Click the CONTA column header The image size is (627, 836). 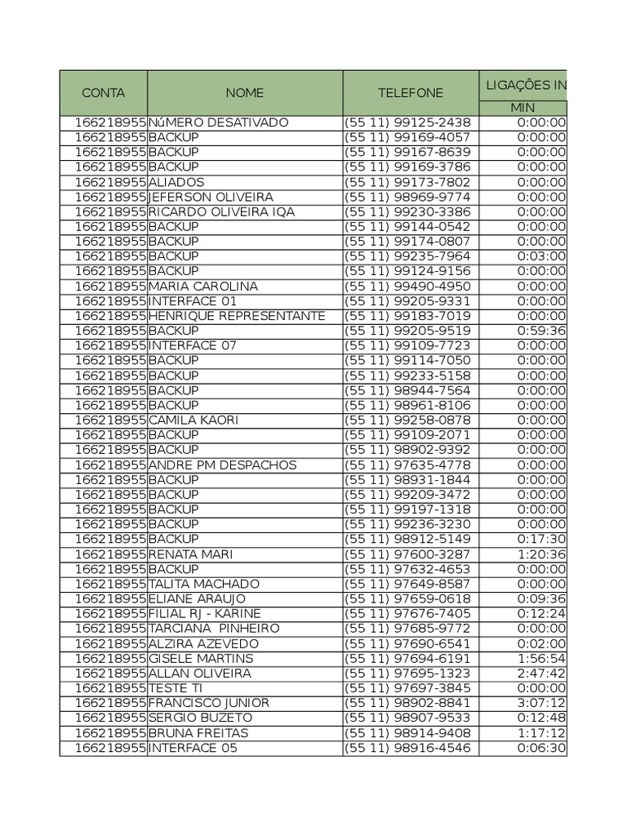point(103,93)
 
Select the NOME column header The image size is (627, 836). point(245,93)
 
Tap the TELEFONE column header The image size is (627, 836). point(411,93)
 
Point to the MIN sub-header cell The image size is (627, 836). point(522,108)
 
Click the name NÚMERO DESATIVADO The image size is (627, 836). point(218,122)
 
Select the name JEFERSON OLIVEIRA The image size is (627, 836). point(211,197)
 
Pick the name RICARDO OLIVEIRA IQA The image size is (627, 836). point(221,211)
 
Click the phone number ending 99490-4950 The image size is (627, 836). point(407,286)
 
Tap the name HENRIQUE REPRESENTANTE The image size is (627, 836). point(237,316)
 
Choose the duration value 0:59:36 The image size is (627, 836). point(541,331)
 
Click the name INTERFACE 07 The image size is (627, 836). point(192,345)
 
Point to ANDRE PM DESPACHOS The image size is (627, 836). point(222,465)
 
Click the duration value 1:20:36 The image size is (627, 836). point(541,554)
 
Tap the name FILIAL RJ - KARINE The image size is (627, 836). point(205,613)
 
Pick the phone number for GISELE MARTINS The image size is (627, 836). point(407,658)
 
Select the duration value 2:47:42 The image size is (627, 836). point(541,673)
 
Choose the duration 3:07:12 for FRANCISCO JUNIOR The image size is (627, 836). point(541,703)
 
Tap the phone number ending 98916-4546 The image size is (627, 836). point(407,748)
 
